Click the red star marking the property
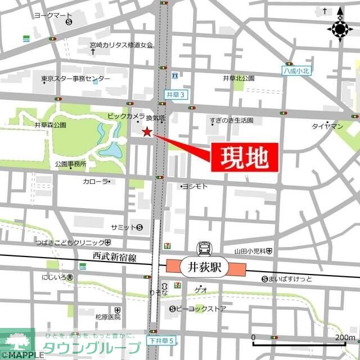[x=147, y=132]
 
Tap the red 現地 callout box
[x=245, y=157]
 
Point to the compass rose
[x=340, y=29]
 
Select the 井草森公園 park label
[x=50, y=124]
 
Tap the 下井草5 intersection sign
[x=163, y=341]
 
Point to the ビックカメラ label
[x=126, y=115]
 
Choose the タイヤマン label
[x=327, y=127]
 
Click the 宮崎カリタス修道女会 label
[x=120, y=44]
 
